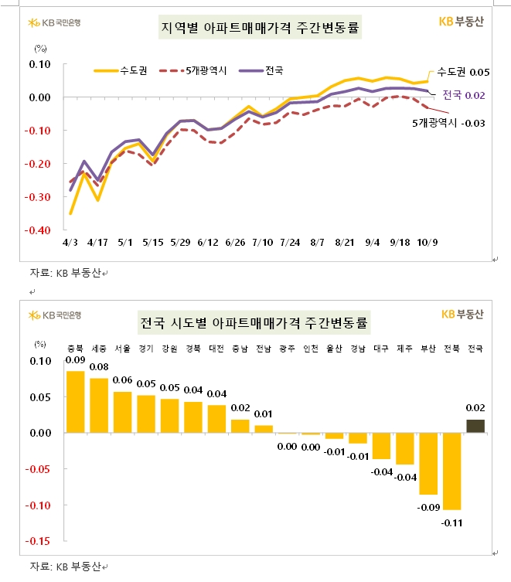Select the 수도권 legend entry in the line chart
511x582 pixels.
click(116, 70)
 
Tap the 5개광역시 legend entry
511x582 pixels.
click(191, 70)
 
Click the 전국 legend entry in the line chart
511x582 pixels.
click(262, 70)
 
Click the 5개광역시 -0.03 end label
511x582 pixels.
click(448, 123)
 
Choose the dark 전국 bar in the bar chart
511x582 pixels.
click(476, 426)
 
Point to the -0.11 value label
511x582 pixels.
click(452, 523)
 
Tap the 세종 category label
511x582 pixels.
click(99, 349)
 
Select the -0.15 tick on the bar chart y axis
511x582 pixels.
click(39, 541)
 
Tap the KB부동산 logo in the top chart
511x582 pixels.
click(461, 22)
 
